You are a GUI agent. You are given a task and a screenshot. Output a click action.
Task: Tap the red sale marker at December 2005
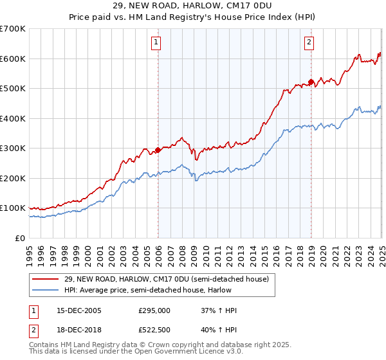point(158,150)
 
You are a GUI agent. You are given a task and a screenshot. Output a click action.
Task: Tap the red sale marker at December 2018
point(311,82)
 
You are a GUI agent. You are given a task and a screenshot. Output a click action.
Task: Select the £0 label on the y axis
point(20,238)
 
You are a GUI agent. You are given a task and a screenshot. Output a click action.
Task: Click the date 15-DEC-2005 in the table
point(78,310)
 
